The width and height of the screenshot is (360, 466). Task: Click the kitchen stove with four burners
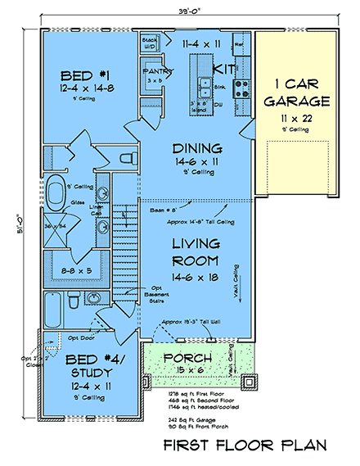pyautogui.click(x=243, y=85)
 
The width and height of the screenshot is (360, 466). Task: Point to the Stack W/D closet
pyautogui.click(x=150, y=42)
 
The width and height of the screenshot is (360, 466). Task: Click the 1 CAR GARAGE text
pyautogui.click(x=297, y=92)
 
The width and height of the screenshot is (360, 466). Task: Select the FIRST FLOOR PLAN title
pyautogui.click(x=244, y=446)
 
